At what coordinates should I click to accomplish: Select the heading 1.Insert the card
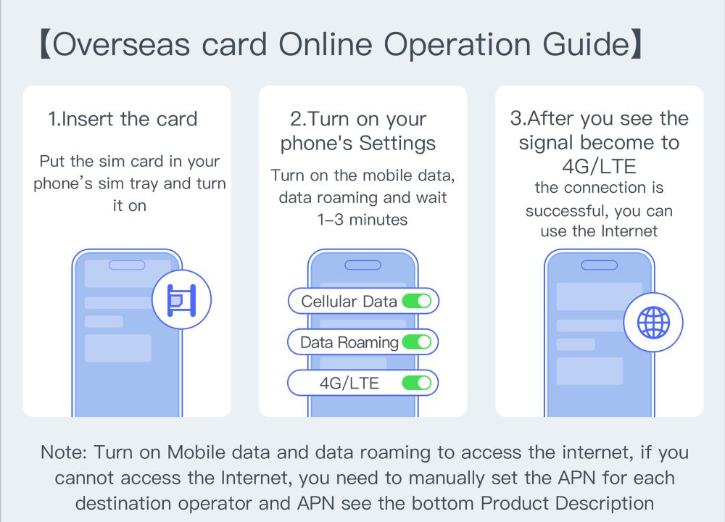(x=123, y=119)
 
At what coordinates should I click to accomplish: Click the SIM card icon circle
(x=181, y=300)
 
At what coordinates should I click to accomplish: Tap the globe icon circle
(x=653, y=323)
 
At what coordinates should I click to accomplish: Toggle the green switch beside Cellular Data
(x=417, y=301)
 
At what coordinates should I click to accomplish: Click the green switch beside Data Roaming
(x=417, y=341)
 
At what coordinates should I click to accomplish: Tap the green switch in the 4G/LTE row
(x=417, y=383)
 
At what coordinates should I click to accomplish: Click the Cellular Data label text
(x=349, y=302)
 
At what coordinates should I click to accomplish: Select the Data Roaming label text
(x=349, y=342)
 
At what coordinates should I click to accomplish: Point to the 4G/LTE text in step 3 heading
(x=599, y=166)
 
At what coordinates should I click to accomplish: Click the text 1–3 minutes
(x=362, y=219)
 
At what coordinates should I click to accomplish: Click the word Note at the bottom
(x=63, y=452)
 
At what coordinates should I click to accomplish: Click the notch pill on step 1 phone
(x=127, y=265)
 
